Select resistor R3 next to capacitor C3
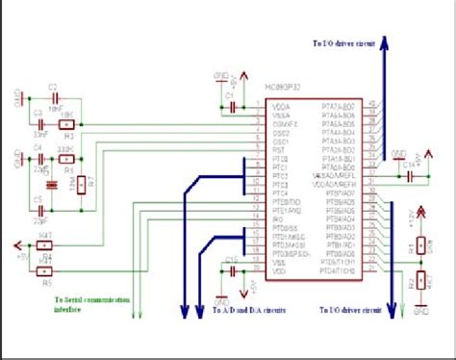click(x=67, y=125)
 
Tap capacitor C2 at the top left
click(x=54, y=98)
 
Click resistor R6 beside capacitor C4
click(x=65, y=159)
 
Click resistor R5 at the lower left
click(x=46, y=272)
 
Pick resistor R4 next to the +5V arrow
click(x=46, y=245)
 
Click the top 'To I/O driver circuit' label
click(x=343, y=43)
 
